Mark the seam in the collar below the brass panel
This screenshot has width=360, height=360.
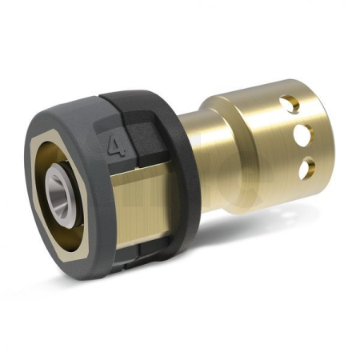point(134,240)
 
